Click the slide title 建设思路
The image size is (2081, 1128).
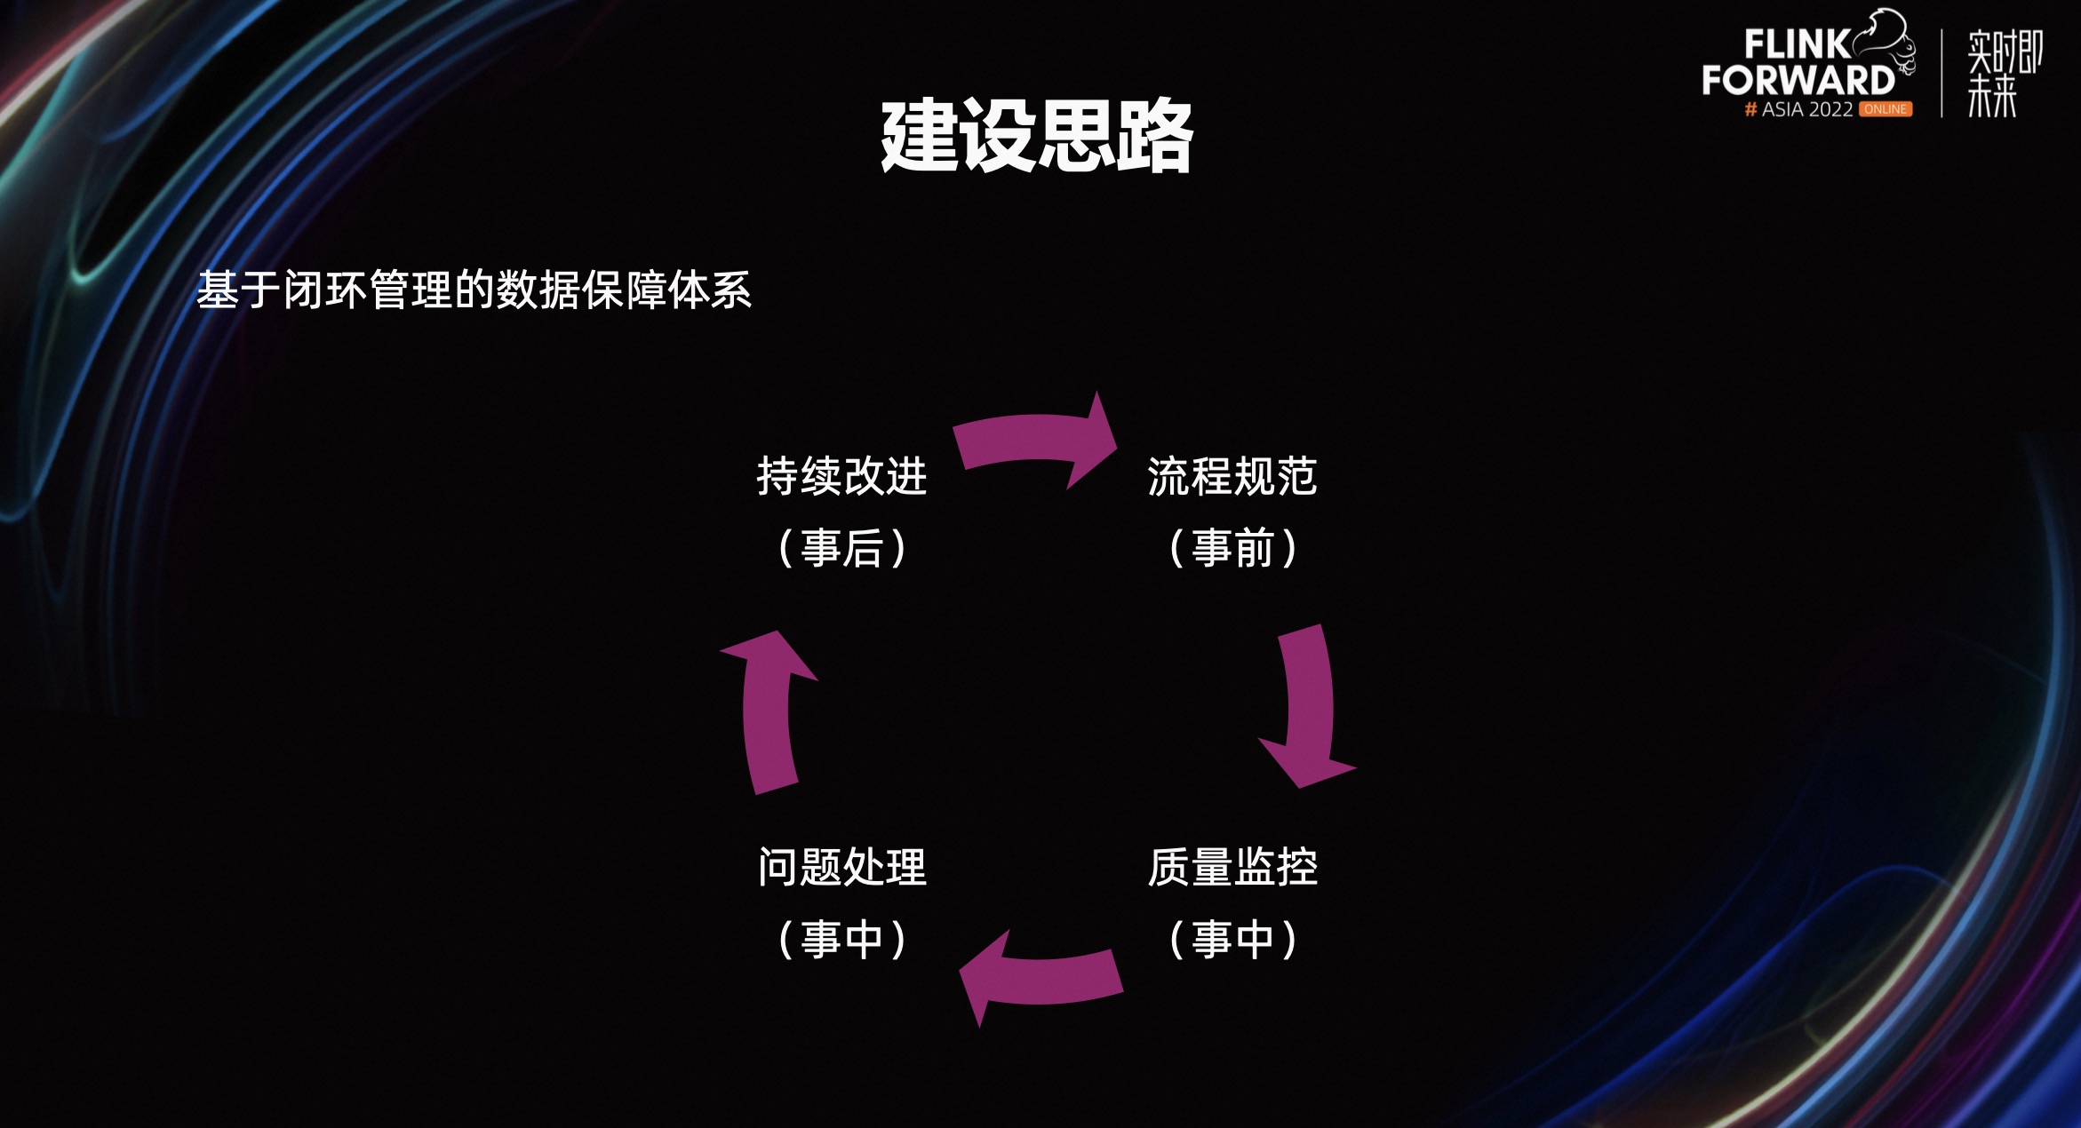(x=1036, y=135)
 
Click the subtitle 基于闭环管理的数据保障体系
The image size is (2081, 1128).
(x=474, y=290)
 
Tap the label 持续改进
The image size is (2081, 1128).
(x=841, y=476)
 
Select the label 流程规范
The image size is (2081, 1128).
(x=1232, y=476)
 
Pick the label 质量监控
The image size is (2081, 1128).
(x=1232, y=867)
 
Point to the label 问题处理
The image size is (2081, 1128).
(x=841, y=867)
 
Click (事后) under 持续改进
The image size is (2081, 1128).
(x=841, y=548)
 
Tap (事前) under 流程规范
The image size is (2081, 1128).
(x=1232, y=548)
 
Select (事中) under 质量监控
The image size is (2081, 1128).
(x=1232, y=939)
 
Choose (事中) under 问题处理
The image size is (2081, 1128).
(x=841, y=939)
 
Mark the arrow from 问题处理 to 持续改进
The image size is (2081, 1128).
(x=768, y=711)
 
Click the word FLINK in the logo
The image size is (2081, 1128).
(x=1796, y=44)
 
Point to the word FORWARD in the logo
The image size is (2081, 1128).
(x=1798, y=80)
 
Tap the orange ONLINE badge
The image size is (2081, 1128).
(x=1886, y=109)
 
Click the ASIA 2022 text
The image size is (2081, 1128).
(x=1806, y=109)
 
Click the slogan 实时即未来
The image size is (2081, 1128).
(x=2003, y=73)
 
